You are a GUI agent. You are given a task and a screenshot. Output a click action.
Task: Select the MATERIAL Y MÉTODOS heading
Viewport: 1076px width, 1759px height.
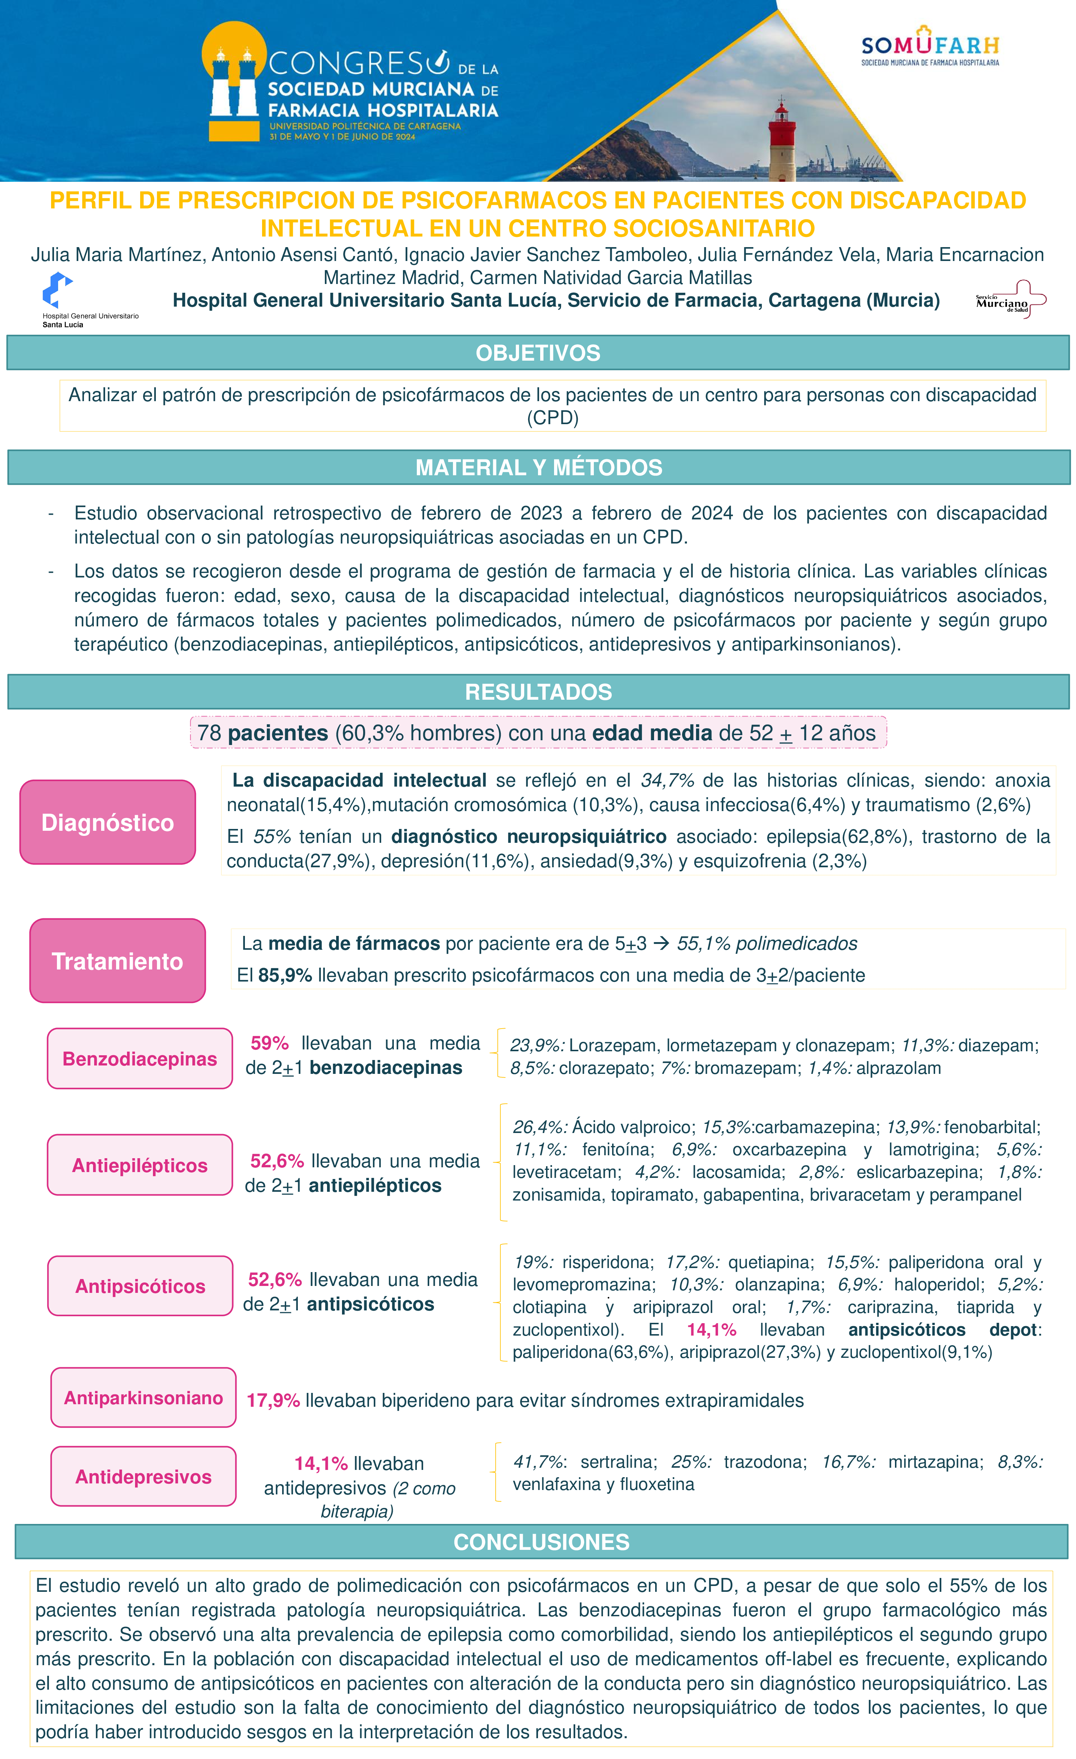538,468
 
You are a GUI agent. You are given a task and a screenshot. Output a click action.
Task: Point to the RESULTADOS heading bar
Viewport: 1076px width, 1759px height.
538,692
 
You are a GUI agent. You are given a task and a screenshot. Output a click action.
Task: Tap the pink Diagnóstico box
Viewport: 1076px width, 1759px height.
108,822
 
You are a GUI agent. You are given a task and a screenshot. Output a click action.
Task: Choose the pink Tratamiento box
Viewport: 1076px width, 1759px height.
117,961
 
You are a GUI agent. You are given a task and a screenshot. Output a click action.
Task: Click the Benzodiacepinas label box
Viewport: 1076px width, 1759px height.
140,1059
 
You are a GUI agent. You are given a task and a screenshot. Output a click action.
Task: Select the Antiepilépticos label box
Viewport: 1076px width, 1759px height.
140,1165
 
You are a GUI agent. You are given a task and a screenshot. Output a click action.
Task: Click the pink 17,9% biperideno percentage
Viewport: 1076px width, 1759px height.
273,1401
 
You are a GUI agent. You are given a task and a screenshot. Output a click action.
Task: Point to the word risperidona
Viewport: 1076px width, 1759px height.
606,1262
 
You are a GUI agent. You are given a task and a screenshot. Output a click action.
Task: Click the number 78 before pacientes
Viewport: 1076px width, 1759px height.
209,733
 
